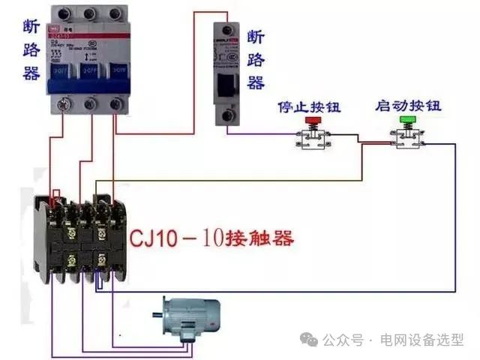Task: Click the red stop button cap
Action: (310, 121)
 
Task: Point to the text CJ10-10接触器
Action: (211, 239)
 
